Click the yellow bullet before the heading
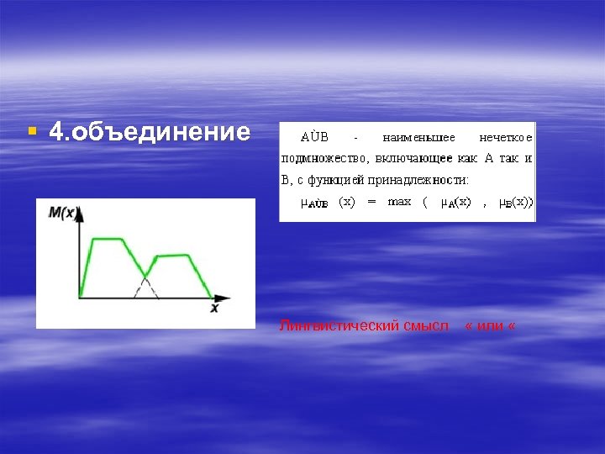point(32,131)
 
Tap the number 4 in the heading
point(56,131)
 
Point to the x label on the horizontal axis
point(214,309)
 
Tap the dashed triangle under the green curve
point(145,288)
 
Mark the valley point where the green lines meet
point(145,276)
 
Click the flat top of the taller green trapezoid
point(108,239)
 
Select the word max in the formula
point(399,202)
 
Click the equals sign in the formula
point(371,202)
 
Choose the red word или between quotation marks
point(489,325)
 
